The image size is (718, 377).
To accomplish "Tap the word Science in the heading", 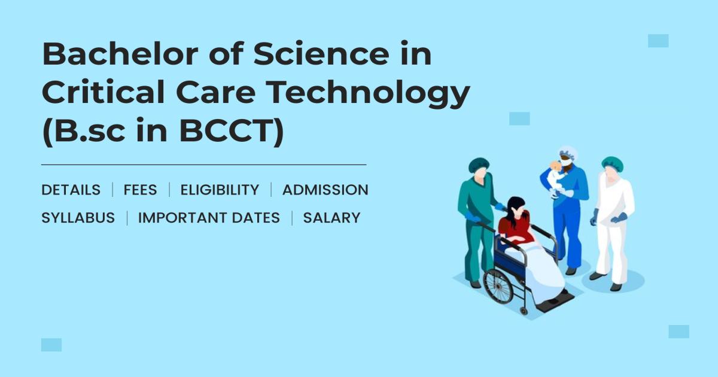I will click(x=309, y=55).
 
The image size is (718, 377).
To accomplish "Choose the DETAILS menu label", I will click(x=71, y=190).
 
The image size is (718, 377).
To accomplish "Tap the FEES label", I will click(x=140, y=190).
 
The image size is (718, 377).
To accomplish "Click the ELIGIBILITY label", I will click(x=220, y=190).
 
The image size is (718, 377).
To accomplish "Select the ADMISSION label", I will click(x=325, y=190).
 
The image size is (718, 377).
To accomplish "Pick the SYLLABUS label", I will click(x=78, y=218).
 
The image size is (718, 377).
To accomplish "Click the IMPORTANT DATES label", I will click(x=209, y=218).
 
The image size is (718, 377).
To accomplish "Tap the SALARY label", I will click(x=331, y=218).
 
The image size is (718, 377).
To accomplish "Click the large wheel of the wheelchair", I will click(x=498, y=285).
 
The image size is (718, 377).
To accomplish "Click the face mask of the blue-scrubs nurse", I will click(x=565, y=162).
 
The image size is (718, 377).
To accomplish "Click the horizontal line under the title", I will click(x=203, y=164).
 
